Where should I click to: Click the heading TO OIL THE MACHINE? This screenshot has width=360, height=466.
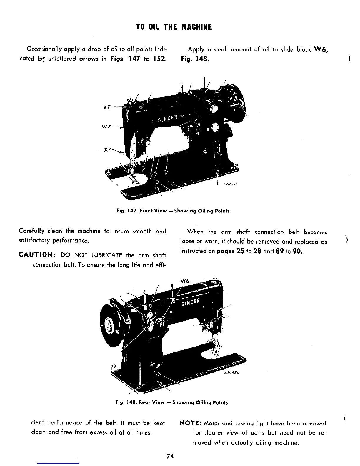[x=174, y=27]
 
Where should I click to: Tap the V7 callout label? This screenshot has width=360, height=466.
[x=106, y=107]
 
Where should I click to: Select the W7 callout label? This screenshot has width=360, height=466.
[x=106, y=127]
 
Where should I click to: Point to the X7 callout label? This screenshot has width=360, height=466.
[x=107, y=149]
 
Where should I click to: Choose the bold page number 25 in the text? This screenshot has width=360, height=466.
[x=239, y=252]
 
